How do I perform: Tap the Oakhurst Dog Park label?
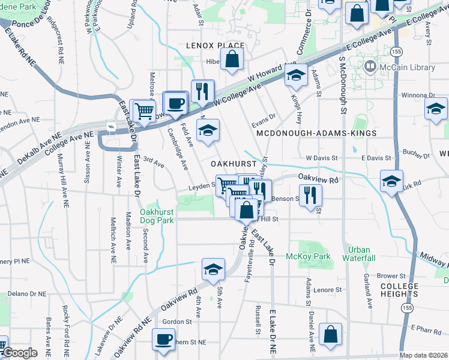click(157, 216)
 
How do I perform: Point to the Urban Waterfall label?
click(358, 253)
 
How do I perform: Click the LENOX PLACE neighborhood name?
click(215, 46)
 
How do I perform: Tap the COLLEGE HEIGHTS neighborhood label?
click(399, 290)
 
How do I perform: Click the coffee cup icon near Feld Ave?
click(175, 102)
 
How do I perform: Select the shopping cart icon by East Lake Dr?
click(144, 110)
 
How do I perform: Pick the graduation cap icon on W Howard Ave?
click(295, 74)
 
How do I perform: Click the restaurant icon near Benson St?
click(310, 194)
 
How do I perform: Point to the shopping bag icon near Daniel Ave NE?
click(330, 334)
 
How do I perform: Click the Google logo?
click(19, 353)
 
